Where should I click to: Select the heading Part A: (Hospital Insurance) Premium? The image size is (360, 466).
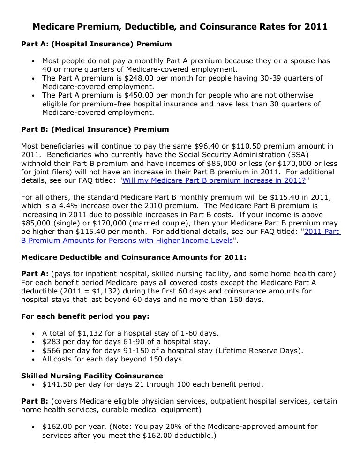[97, 44]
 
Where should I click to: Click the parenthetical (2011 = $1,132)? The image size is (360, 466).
[89, 291]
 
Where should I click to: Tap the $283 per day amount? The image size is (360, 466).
[52, 341]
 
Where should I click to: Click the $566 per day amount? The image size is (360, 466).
[52, 350]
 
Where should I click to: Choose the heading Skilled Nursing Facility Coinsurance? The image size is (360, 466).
[92, 376]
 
